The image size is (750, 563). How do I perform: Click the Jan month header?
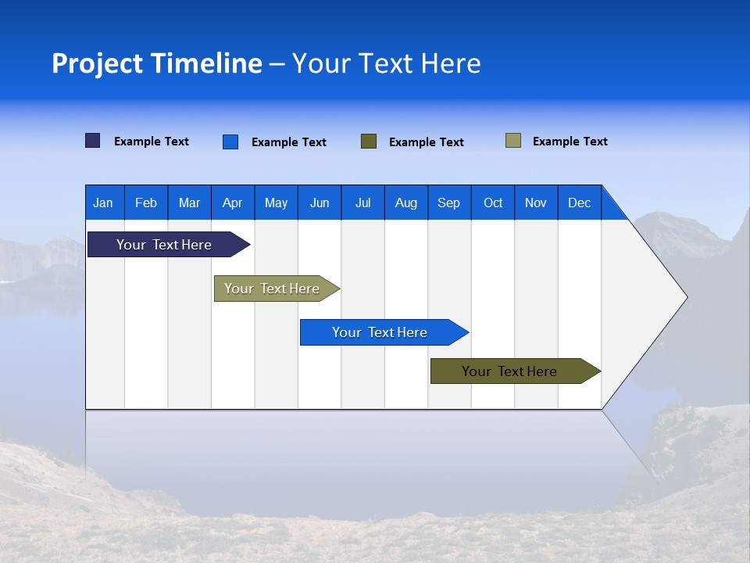(103, 203)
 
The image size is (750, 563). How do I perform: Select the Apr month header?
(232, 203)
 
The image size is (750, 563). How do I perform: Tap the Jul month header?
(362, 203)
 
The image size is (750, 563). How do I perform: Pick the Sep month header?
(448, 203)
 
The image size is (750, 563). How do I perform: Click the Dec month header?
(579, 203)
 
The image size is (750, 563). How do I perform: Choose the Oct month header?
(493, 203)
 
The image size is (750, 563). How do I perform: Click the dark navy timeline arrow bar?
(164, 245)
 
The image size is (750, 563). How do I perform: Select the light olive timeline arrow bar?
(272, 289)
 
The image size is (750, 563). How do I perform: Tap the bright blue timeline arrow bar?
(380, 332)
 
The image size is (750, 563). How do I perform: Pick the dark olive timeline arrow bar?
(509, 371)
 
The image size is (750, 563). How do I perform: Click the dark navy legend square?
(93, 141)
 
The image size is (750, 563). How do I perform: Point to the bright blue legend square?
(230, 142)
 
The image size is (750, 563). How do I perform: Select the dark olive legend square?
(369, 142)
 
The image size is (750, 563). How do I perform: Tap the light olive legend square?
(513, 141)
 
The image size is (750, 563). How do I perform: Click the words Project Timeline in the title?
(157, 63)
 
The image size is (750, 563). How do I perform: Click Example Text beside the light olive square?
(570, 142)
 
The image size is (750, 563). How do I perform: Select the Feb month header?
(146, 203)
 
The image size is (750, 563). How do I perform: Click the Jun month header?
(320, 203)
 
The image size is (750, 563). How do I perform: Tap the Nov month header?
(536, 203)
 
